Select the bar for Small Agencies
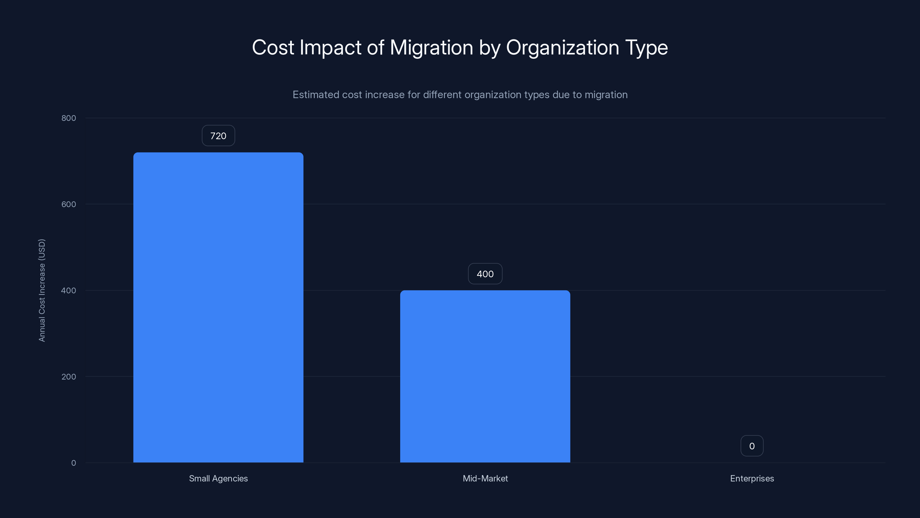click(218, 307)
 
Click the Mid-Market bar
click(485, 376)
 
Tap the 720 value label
click(218, 136)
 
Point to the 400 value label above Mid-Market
click(485, 274)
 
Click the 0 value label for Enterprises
click(752, 446)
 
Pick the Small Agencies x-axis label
click(218, 478)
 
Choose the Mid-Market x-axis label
click(485, 478)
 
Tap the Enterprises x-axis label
click(752, 478)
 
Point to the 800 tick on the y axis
click(69, 118)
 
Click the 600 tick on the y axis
click(69, 204)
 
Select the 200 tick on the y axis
click(69, 376)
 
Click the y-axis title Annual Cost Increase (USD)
click(42, 290)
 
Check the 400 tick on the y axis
click(69, 290)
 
